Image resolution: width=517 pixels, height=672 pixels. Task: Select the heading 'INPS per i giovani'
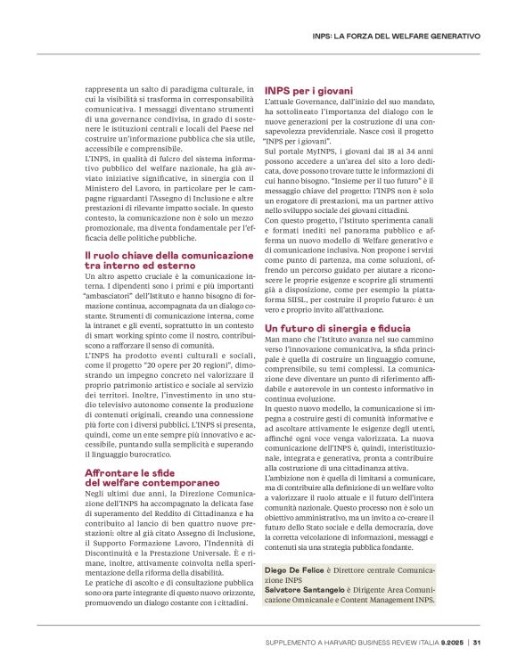point(308,91)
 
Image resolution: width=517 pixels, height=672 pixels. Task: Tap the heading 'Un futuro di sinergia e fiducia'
point(331,330)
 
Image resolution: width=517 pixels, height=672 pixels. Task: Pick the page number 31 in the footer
point(477,643)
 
